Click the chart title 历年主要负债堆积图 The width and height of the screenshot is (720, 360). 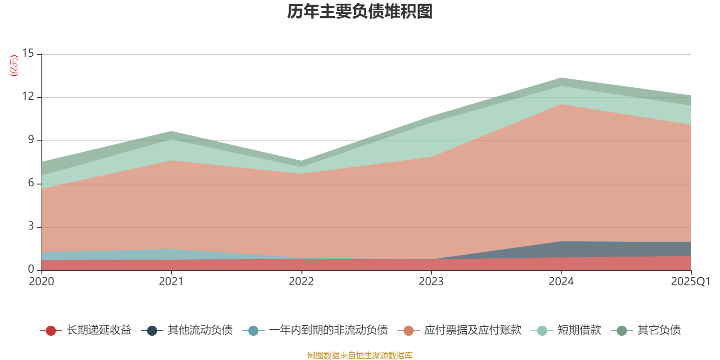[360, 12]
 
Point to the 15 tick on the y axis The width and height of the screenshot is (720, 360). [28, 54]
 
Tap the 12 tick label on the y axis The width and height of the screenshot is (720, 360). [28, 96]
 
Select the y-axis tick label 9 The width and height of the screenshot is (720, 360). [31, 139]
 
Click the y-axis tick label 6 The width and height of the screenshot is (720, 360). [31, 183]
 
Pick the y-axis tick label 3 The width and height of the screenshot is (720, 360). [31, 226]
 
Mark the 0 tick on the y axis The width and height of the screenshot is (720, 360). [31, 269]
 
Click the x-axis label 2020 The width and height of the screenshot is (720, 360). [41, 282]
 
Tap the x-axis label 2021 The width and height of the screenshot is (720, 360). [171, 282]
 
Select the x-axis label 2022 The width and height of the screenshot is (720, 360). [301, 282]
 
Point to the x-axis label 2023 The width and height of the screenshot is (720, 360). [431, 282]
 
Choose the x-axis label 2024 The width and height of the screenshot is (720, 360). [561, 282]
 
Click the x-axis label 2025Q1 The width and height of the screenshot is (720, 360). [690, 282]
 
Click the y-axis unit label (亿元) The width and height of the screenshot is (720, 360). [14, 66]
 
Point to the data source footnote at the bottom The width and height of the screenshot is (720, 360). [360, 355]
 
